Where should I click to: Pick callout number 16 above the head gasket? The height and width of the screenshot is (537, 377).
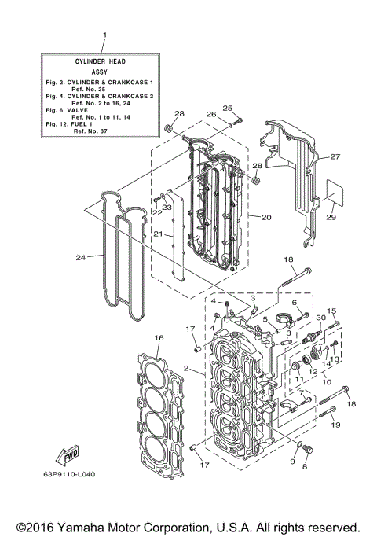[x=159, y=337]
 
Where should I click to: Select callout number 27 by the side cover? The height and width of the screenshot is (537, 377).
[x=335, y=157]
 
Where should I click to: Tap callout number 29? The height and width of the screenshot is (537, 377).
[x=331, y=217]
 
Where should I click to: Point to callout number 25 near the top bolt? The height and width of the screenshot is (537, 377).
[x=228, y=108]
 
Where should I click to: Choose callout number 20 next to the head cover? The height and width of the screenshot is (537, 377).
[x=266, y=217]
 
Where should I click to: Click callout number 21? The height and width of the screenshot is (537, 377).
[x=158, y=234]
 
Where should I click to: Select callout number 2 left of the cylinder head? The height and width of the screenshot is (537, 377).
[x=185, y=369]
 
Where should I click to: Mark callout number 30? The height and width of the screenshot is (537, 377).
[x=320, y=317]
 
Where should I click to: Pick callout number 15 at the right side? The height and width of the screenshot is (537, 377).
[x=331, y=311]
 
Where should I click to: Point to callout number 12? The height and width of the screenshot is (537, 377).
[x=312, y=370]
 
